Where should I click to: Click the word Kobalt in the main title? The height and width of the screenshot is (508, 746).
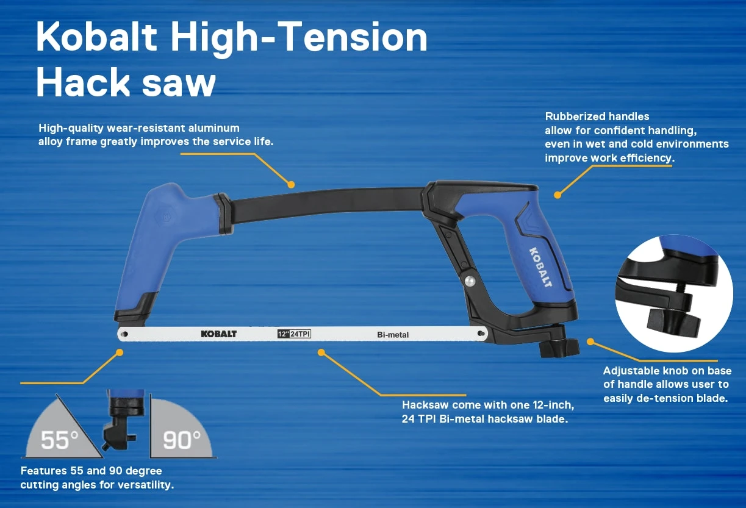[x=96, y=38]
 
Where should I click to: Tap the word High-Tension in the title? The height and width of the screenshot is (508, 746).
[x=299, y=38]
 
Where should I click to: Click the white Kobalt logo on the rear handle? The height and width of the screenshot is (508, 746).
[x=540, y=267]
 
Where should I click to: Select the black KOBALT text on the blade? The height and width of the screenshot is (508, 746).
[x=218, y=334]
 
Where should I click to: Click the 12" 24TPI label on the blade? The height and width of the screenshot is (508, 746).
[x=294, y=334]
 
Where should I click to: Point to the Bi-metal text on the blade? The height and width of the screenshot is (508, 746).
[x=393, y=334]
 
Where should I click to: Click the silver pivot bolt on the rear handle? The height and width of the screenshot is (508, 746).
[x=470, y=281]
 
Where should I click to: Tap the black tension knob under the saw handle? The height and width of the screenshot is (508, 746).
[x=558, y=348]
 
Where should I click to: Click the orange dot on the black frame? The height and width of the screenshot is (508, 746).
[x=291, y=184]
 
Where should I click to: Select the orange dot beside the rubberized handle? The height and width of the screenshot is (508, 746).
[x=557, y=195]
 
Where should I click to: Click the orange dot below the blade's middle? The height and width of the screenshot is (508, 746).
[x=321, y=352]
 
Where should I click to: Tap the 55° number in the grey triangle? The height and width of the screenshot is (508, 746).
[x=60, y=440]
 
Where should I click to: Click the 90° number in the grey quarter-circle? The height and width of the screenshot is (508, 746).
[x=182, y=440]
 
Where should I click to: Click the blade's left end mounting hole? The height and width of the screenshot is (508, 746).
[x=124, y=334]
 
